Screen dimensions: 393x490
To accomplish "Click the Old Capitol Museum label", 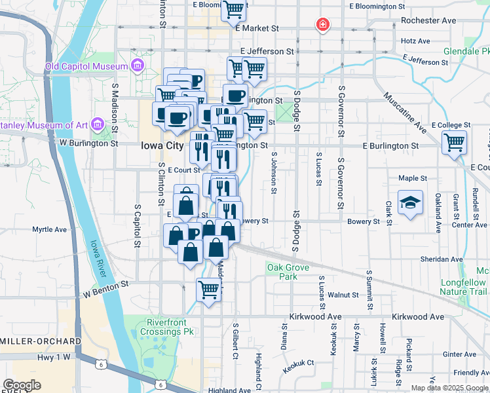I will pos(85,66).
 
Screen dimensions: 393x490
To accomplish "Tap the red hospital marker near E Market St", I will pos(322,26).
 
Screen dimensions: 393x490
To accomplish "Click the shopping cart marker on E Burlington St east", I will pos(454,141).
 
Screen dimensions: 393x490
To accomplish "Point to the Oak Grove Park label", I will pos(282,271).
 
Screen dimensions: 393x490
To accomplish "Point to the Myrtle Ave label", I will pos(50,230).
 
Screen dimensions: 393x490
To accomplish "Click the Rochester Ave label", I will pos(428,20).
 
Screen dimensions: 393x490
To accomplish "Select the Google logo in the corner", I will pos(22,385).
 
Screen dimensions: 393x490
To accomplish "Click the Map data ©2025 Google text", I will pos(449,387).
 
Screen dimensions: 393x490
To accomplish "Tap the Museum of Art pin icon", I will pos(97,123).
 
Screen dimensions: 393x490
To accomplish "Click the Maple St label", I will pos(413,178).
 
